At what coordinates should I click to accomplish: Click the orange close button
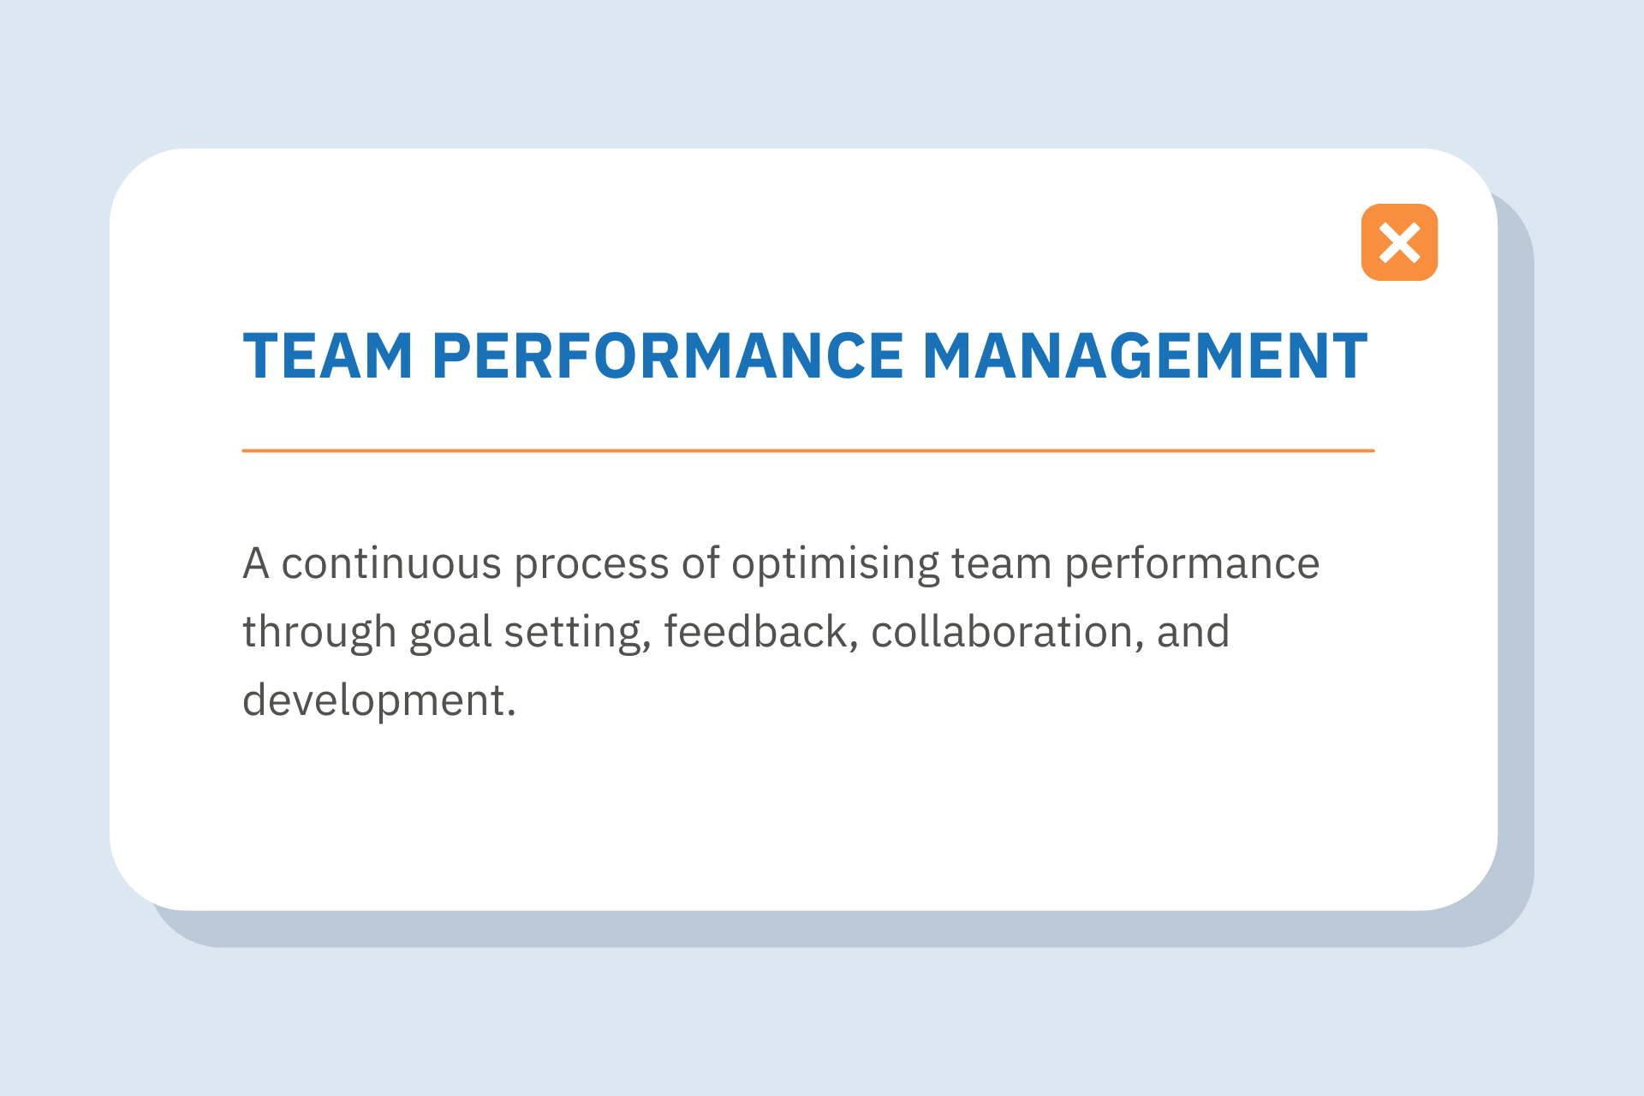[1399, 242]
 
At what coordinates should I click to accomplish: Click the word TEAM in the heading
[328, 355]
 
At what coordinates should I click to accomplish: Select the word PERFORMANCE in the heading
[668, 355]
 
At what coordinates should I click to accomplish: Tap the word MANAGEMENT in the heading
[1145, 355]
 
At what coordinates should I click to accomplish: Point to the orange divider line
[808, 450]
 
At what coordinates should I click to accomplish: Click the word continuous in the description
[391, 564]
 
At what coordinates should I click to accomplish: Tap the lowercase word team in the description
[1001, 564]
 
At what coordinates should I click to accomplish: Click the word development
[378, 701]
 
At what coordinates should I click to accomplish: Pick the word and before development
[1193, 632]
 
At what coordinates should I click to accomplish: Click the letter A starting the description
[256, 564]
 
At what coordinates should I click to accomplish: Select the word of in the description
[700, 564]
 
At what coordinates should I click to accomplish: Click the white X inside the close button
[1399, 242]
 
